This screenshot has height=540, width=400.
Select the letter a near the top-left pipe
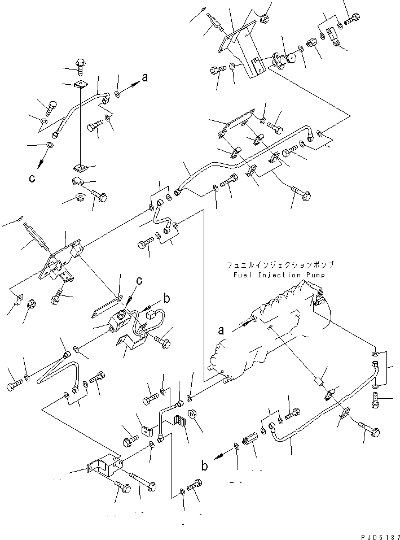tap(145, 78)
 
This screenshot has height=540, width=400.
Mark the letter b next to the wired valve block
tap(166, 299)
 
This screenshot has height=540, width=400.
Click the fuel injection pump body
tap(265, 333)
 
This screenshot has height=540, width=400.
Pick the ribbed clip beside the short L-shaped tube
tap(179, 421)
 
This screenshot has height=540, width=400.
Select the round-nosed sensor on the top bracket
tap(292, 58)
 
